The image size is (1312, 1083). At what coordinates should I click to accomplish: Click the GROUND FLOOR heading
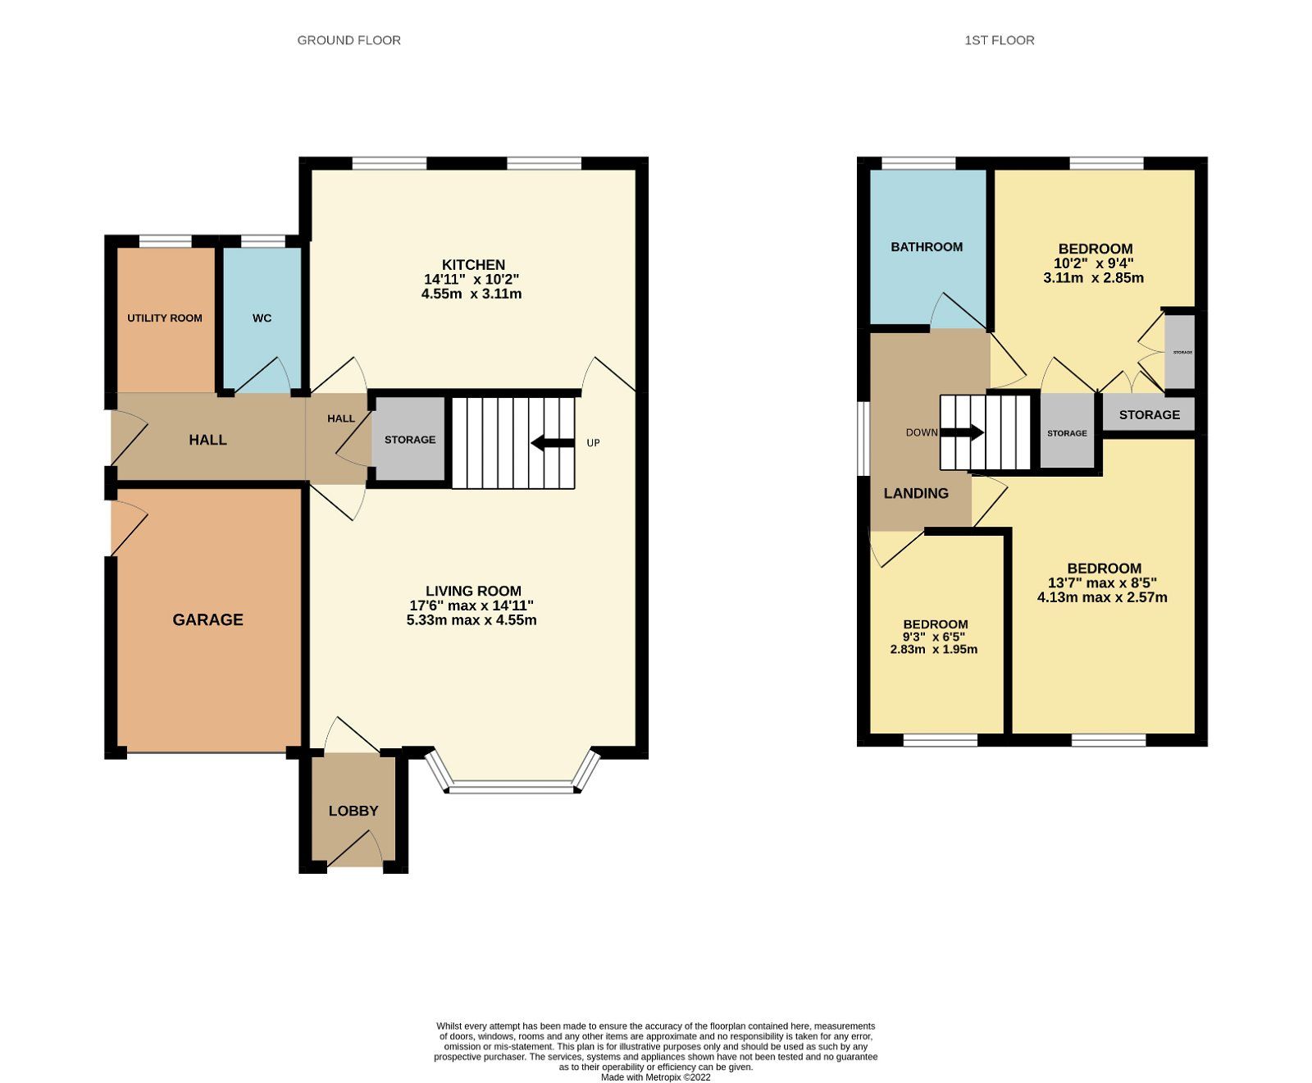tap(348, 40)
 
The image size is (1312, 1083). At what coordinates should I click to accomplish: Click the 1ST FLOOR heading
tap(999, 40)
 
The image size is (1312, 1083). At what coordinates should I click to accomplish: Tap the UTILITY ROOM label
tap(164, 318)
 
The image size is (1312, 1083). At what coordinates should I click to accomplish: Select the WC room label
tap(262, 318)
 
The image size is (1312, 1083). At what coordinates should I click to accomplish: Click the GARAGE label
tap(207, 620)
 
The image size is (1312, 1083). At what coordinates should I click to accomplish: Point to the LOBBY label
tap(353, 811)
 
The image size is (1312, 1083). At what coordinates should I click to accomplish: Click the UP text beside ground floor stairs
tap(593, 443)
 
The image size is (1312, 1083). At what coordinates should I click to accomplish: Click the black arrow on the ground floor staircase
tap(553, 443)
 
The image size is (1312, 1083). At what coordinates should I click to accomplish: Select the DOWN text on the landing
tap(921, 432)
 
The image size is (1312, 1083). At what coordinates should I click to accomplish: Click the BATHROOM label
tap(927, 247)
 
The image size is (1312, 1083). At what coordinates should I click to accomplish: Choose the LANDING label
tap(916, 494)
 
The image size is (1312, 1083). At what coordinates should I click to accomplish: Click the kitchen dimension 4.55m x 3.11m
tap(471, 294)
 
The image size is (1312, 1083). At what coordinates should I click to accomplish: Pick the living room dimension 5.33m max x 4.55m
tap(471, 620)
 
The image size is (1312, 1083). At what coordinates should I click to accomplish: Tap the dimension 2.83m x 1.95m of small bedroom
tap(933, 650)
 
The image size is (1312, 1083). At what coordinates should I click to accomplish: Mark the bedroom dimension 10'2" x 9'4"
tap(1093, 263)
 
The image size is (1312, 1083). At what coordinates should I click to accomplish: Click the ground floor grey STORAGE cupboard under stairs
tap(410, 440)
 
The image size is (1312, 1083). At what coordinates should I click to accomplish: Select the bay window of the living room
tap(513, 788)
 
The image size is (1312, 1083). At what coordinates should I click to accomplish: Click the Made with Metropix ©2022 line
tap(655, 1078)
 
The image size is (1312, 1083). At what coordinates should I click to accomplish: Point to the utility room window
tap(165, 241)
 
